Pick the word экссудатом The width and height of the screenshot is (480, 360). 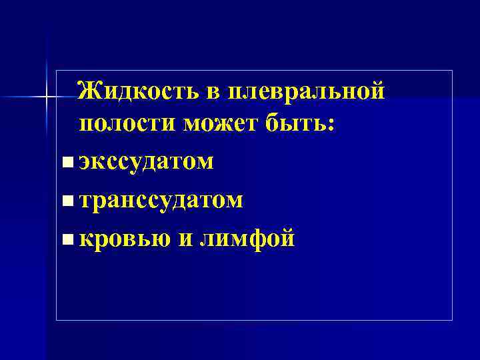(x=146, y=162)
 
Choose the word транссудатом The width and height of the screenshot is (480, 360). (x=161, y=199)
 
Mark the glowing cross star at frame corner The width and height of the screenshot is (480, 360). (x=47, y=99)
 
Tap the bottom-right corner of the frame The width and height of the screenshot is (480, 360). (x=453, y=320)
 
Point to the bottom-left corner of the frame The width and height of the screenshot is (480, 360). (x=57, y=320)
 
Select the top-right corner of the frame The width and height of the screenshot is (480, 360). (x=453, y=70)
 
